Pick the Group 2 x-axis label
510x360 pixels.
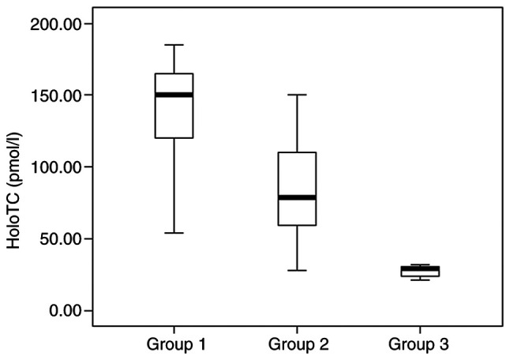(x=298, y=344)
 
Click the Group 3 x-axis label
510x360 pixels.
(x=421, y=344)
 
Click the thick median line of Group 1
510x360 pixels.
(x=174, y=95)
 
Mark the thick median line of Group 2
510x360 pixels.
(x=298, y=197)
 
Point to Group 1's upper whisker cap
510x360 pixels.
(x=174, y=45)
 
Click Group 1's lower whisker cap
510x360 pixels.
(x=174, y=233)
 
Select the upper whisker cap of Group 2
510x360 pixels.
(x=298, y=95)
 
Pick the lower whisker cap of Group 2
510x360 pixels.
(x=298, y=270)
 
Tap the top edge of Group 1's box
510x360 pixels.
(x=174, y=73)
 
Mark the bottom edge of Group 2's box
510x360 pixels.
(x=298, y=225)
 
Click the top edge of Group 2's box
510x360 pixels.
(x=298, y=152)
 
